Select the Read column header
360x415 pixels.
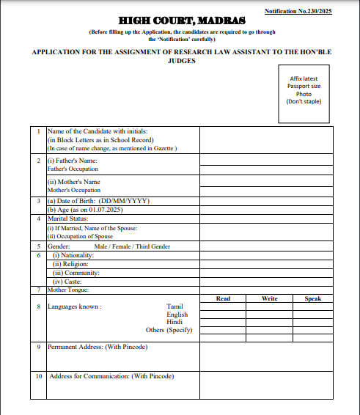coord(224,298)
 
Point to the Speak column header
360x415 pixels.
coord(313,298)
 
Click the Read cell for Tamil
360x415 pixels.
coord(224,306)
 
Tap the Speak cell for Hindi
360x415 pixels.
coord(313,322)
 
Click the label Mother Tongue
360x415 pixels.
coord(68,290)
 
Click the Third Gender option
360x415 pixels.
coord(153,246)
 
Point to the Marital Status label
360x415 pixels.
coord(67,218)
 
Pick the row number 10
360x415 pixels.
coord(39,376)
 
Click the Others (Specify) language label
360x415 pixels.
coord(169,330)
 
